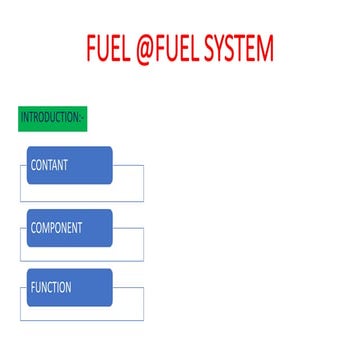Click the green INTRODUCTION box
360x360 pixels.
click(x=53, y=118)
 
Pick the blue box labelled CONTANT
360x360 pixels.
click(x=69, y=166)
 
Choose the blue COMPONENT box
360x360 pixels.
click(x=69, y=228)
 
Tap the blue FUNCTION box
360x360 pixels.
click(x=69, y=289)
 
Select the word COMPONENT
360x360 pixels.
click(x=56, y=228)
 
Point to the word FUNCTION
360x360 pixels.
click(x=51, y=287)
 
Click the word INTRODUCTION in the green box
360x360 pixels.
click(x=50, y=118)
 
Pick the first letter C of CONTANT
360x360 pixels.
click(x=34, y=166)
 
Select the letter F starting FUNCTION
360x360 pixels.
click(x=33, y=287)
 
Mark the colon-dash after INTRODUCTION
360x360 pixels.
click(x=82, y=118)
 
